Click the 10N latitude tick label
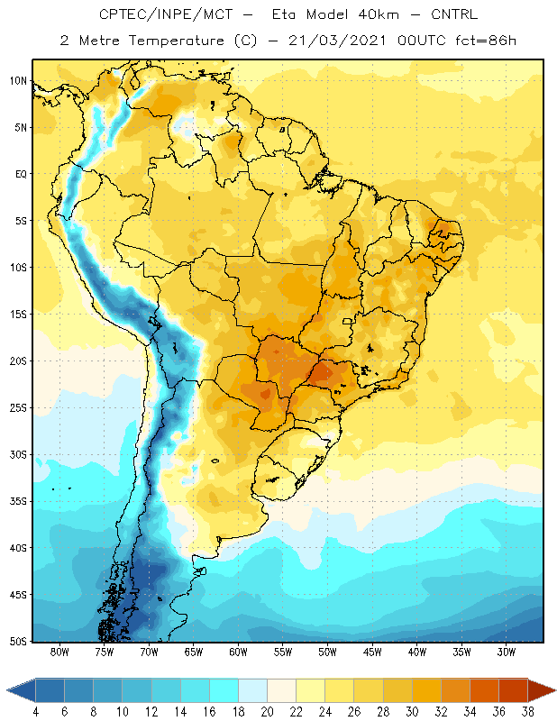pyautogui.click(x=18, y=81)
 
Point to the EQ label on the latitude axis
pyautogui.click(x=21, y=174)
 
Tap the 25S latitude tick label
pyautogui.click(x=18, y=408)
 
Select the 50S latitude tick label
pyautogui.click(x=18, y=642)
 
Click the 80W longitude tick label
pyautogui.click(x=59, y=652)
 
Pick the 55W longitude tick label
pyautogui.click(x=283, y=652)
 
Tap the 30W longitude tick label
pyautogui.click(x=507, y=652)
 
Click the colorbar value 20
pyautogui.click(x=267, y=712)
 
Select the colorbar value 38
pyautogui.click(x=527, y=712)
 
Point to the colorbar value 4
pyautogui.click(x=36, y=712)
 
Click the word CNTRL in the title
pyautogui.click(x=454, y=14)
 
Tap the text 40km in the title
pyautogui.click(x=378, y=14)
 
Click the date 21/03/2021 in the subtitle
pyautogui.click(x=337, y=41)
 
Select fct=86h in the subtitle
pyautogui.click(x=486, y=41)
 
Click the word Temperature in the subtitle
pyautogui.click(x=177, y=41)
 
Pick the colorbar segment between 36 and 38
pyautogui.click(x=513, y=690)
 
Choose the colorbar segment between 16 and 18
pyautogui.click(x=224, y=690)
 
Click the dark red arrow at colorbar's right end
pyautogui.click(x=541, y=690)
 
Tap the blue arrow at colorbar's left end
pyautogui.click(x=22, y=690)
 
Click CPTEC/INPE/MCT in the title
pyautogui.click(x=166, y=14)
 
